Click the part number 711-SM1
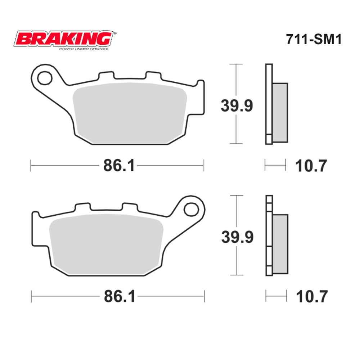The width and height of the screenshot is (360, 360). (x=313, y=39)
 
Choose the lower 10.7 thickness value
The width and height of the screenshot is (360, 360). (x=312, y=297)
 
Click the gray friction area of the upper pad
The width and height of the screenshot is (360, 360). (x=130, y=112)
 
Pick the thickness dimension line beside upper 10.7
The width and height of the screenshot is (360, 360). (x=275, y=165)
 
